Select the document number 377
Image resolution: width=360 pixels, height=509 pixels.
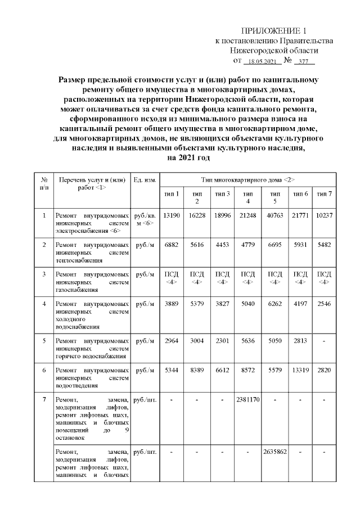click(x=304, y=61)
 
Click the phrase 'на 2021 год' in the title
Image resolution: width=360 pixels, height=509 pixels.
click(x=188, y=159)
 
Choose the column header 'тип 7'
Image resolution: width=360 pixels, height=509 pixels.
click(x=324, y=194)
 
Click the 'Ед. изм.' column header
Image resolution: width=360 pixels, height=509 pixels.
click(x=145, y=179)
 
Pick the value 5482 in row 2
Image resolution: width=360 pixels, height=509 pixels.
click(x=324, y=245)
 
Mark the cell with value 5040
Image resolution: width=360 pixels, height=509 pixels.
click(x=247, y=304)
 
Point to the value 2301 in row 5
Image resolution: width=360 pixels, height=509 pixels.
click(x=222, y=340)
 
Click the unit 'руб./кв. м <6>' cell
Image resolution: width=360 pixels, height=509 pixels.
click(x=145, y=219)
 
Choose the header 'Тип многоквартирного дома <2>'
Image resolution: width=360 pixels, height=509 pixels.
click(x=247, y=179)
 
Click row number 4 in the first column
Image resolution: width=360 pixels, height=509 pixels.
click(x=44, y=304)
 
